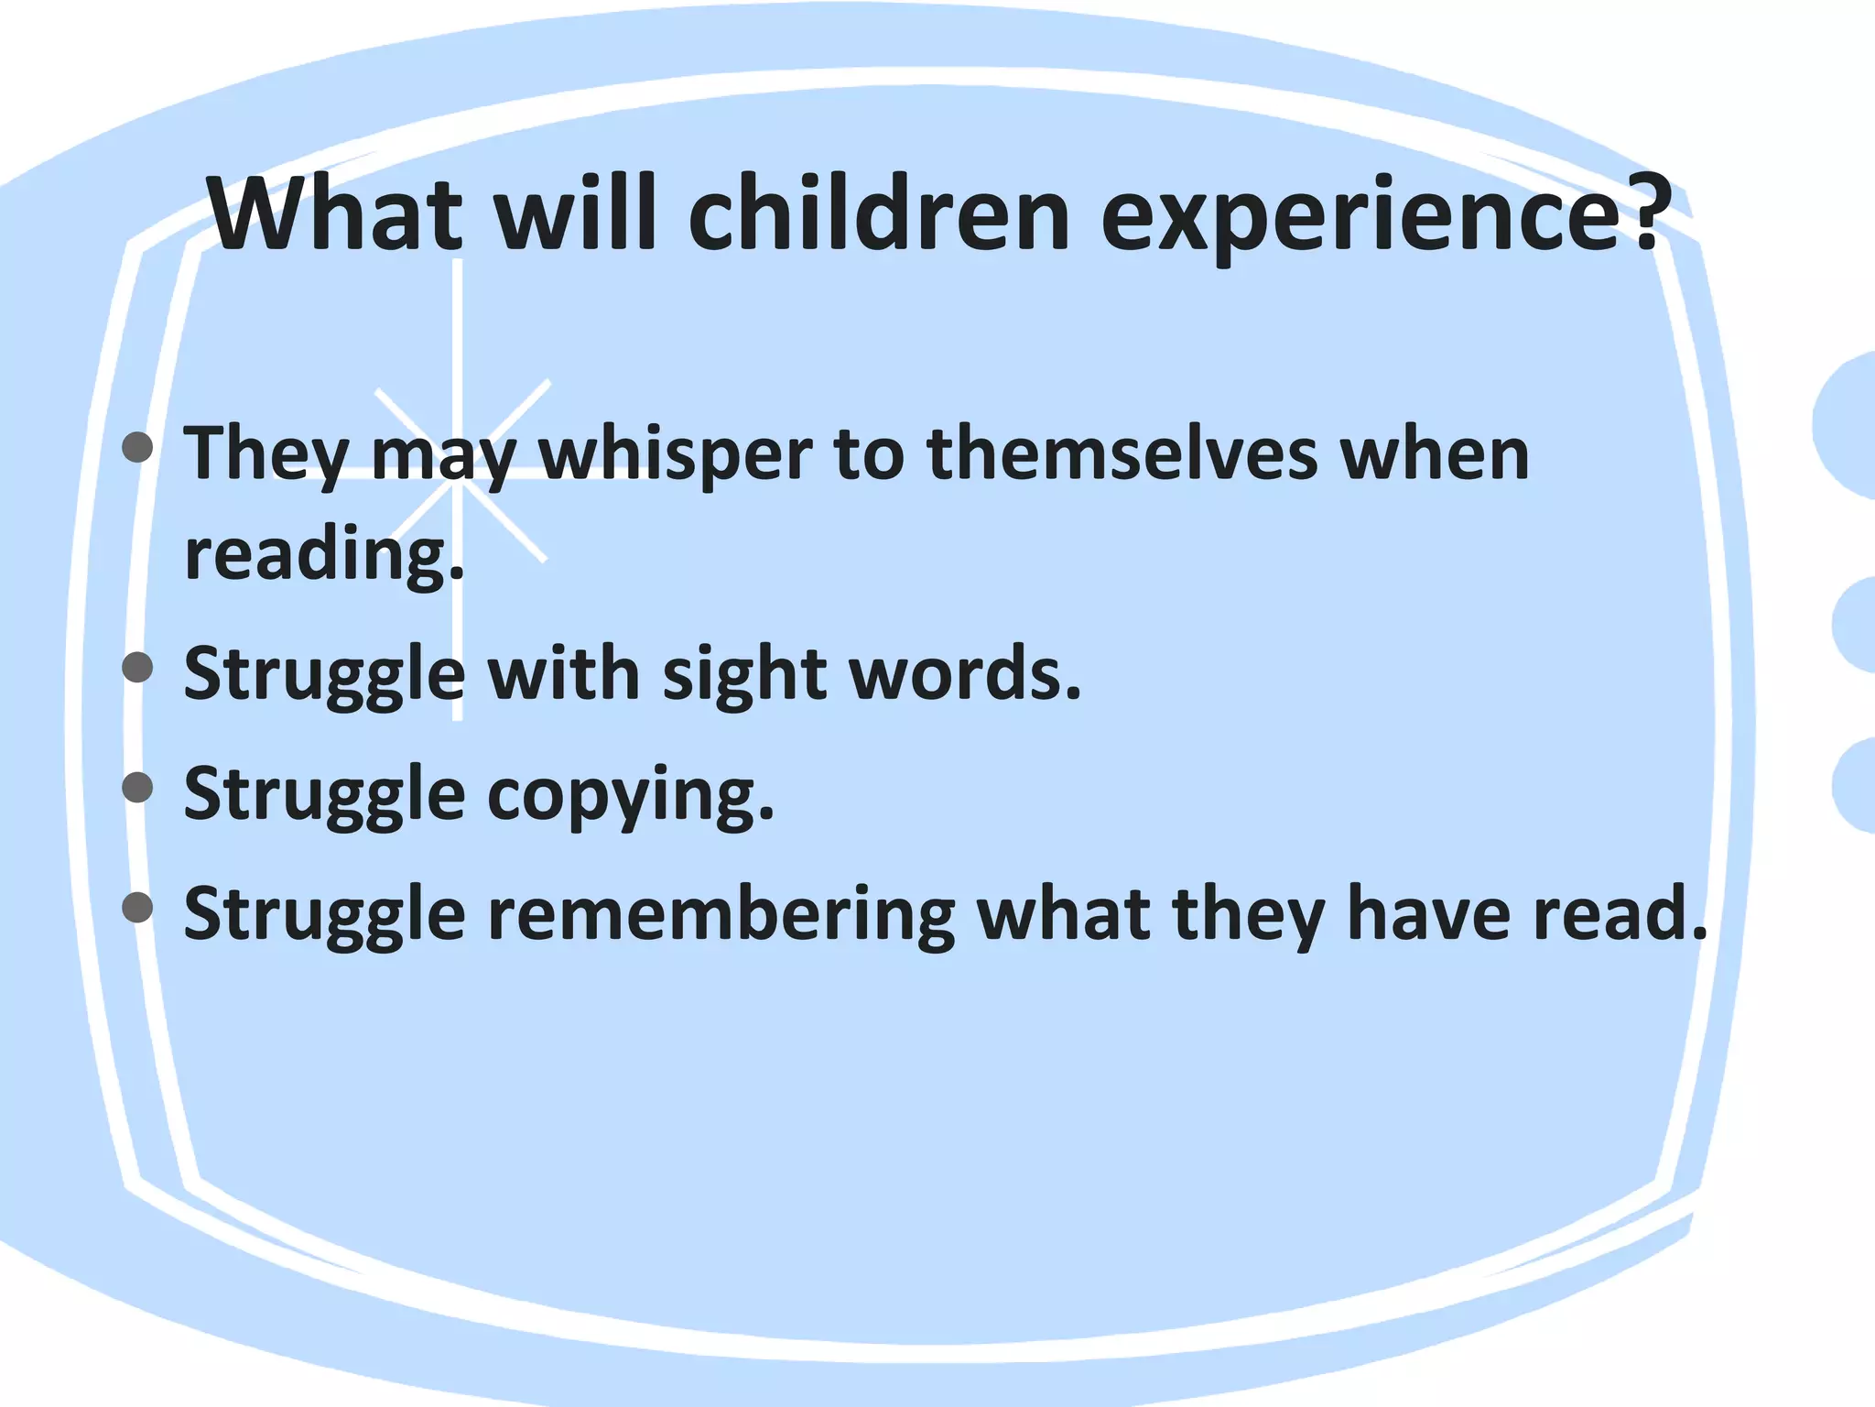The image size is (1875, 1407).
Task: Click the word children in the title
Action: [x=878, y=214]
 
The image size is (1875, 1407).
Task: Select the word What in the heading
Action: [x=336, y=214]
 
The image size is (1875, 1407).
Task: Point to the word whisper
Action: [x=675, y=455]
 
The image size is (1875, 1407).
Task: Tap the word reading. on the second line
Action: [x=324, y=555]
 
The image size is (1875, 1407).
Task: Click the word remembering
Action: [x=721, y=915]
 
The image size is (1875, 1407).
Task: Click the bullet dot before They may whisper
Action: [x=137, y=447]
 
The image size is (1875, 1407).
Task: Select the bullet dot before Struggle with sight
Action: [x=137, y=667]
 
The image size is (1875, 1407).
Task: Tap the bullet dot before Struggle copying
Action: [x=137, y=787]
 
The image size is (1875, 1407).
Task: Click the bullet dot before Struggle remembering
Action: [x=137, y=907]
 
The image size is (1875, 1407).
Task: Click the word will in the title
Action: [x=576, y=214]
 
